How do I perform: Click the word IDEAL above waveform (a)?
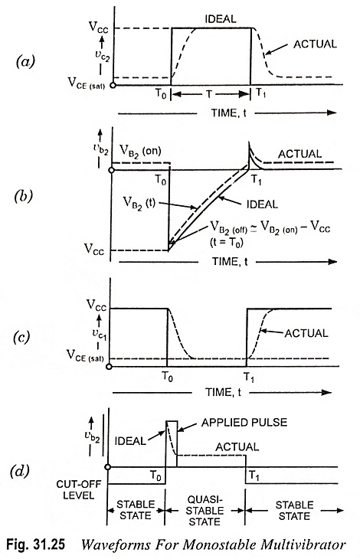pos(221,19)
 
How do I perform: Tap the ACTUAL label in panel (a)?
pos(315,44)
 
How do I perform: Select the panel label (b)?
pos(24,197)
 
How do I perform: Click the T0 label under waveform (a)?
pos(160,94)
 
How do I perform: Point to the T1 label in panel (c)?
pos(249,377)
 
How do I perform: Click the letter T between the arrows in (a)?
pos(209,94)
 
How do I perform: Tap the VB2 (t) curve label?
pos(139,203)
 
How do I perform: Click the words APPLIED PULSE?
pos(244,423)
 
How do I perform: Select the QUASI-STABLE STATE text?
pos(205,511)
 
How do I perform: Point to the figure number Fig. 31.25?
pos(36,544)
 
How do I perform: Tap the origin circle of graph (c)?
pos(109,367)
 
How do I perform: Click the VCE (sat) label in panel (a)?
pos(87,83)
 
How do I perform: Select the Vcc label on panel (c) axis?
pos(97,305)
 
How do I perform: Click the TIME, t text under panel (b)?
pos(230,262)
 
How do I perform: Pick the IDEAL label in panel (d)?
pos(130,441)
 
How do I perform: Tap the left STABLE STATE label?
pos(136,510)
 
